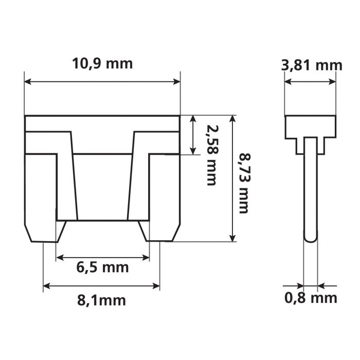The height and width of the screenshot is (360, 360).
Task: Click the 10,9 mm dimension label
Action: [102, 64]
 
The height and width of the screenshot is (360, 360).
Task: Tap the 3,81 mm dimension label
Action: [312, 65]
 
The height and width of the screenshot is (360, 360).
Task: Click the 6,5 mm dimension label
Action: [102, 267]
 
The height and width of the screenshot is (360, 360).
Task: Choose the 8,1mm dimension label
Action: [101, 300]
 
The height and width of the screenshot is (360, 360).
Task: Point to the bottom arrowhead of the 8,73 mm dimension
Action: [233, 237]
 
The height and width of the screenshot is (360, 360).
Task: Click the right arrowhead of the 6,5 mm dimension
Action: [146, 257]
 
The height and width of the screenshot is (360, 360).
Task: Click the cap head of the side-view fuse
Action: [310, 127]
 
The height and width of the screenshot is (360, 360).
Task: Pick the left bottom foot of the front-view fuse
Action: [44, 231]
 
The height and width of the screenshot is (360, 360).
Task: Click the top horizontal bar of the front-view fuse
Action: [102, 123]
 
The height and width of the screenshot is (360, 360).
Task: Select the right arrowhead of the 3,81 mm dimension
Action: [333, 81]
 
